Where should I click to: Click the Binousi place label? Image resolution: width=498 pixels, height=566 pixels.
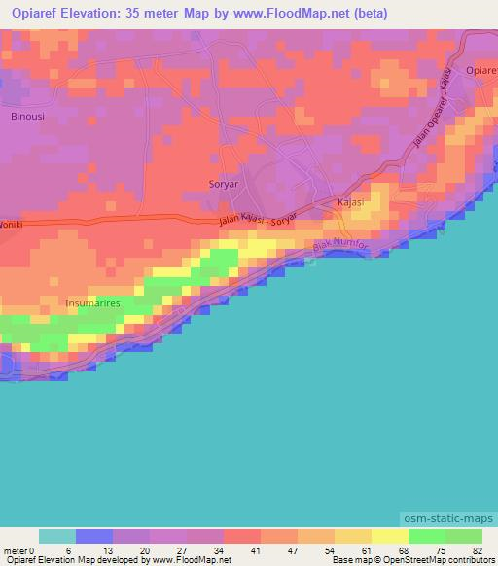[27, 115]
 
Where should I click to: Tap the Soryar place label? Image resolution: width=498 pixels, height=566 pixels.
[224, 183]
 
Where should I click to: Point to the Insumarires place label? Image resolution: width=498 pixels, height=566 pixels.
[92, 303]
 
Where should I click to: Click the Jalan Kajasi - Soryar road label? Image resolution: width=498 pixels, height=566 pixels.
[258, 218]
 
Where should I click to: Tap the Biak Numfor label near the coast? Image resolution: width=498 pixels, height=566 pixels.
[340, 249]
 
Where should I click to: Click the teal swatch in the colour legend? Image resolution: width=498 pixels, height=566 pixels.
[57, 536]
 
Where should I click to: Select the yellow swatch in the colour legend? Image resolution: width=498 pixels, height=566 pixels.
[389, 536]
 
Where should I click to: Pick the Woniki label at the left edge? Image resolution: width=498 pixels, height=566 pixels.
[10, 223]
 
